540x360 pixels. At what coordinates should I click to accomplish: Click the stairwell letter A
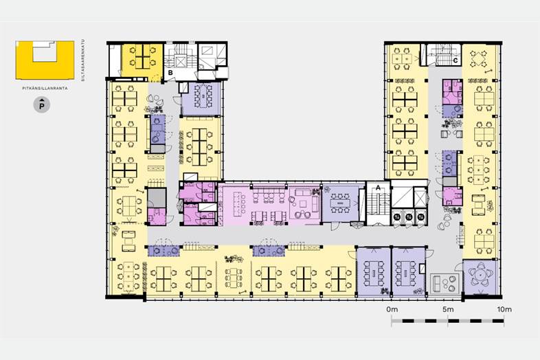(x=378, y=188)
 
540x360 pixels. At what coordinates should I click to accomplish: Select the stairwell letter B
(x=170, y=73)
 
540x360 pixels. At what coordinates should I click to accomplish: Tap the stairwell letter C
(x=455, y=60)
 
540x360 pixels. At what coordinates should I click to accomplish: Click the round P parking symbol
(x=42, y=105)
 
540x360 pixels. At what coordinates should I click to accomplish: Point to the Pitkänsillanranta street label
(x=45, y=88)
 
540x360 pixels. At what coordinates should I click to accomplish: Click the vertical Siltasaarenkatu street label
(x=82, y=60)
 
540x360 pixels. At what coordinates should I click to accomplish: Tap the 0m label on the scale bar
(x=392, y=309)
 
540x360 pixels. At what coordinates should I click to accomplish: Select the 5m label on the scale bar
(x=448, y=309)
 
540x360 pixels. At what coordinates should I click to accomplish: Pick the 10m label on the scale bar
(x=504, y=309)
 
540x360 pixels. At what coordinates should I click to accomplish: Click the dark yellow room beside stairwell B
(x=142, y=60)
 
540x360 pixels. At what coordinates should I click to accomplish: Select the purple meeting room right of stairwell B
(x=201, y=98)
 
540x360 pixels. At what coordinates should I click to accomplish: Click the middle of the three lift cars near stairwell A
(x=409, y=216)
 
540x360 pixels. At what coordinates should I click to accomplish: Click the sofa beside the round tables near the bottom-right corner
(x=437, y=283)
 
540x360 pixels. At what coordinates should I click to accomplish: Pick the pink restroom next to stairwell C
(x=452, y=92)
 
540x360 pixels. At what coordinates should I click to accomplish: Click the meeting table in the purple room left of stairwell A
(x=340, y=203)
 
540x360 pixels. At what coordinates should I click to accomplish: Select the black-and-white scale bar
(x=448, y=321)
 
